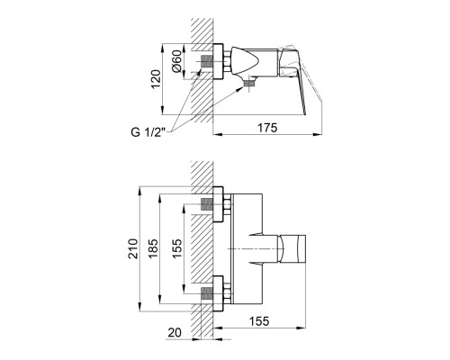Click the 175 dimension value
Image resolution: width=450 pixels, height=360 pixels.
(267, 128)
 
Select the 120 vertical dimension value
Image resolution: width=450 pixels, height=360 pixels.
(156, 79)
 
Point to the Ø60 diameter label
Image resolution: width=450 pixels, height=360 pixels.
(176, 61)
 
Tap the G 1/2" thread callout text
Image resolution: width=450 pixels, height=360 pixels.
(148, 132)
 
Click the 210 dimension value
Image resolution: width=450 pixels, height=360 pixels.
(133, 248)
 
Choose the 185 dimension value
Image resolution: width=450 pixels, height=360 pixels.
(153, 248)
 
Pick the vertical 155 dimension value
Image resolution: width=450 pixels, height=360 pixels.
(177, 248)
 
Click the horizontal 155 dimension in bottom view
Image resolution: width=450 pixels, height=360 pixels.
(259, 321)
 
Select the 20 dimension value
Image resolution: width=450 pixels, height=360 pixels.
(175, 332)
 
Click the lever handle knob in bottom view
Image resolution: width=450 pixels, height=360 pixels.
(293, 248)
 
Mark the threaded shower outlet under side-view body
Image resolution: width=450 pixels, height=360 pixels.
(248, 83)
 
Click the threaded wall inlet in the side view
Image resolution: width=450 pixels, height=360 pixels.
(206, 61)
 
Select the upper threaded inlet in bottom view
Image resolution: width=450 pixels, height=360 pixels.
(206, 204)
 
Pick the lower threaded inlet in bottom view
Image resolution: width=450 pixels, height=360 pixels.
(206, 293)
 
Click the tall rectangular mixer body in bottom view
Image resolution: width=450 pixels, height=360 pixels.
(247, 248)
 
